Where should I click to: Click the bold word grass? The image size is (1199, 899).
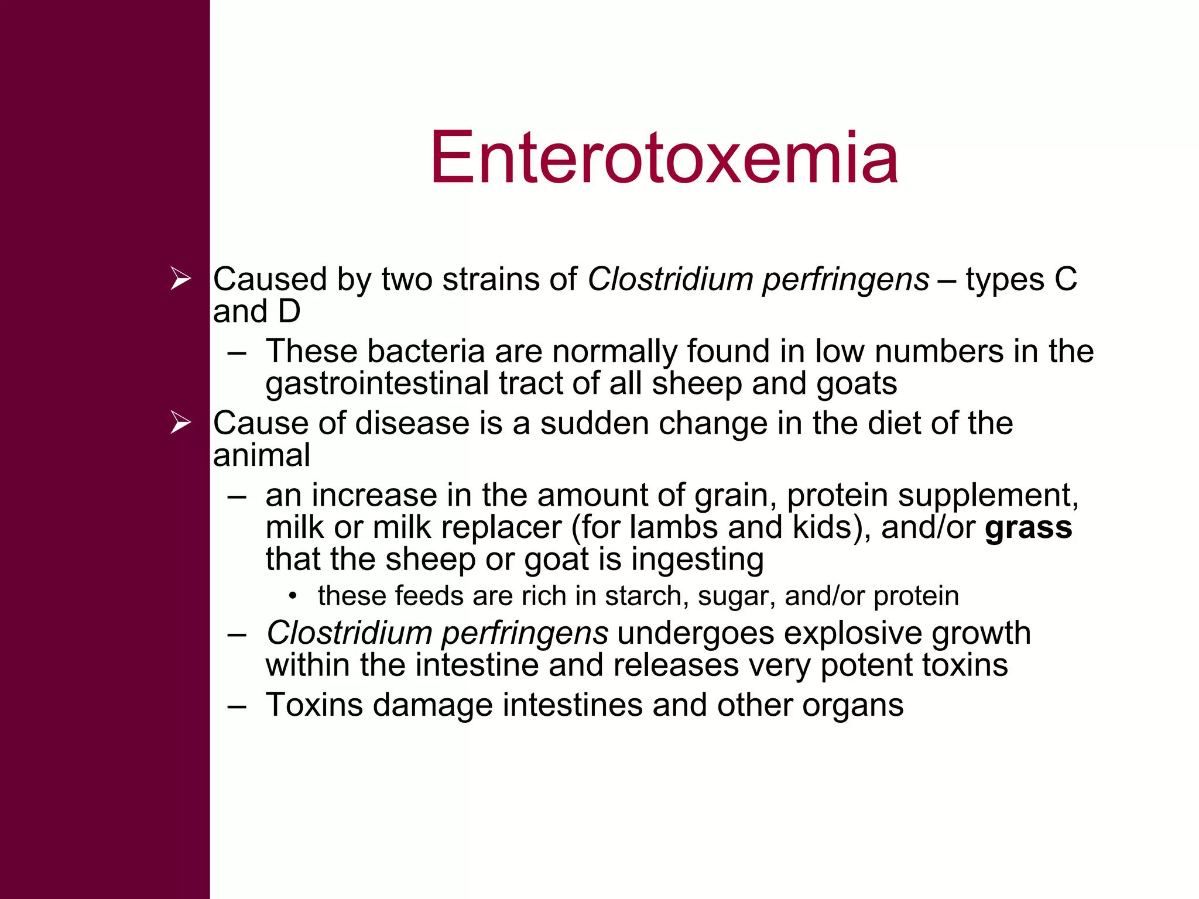[1028, 527]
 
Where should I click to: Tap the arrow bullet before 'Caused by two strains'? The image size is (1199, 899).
[180, 278]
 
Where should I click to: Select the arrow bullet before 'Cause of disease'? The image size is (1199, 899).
[180, 422]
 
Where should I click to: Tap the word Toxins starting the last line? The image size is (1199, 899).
[314, 705]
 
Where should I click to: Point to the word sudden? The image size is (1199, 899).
[594, 423]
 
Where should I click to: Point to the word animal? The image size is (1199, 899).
[261, 455]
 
